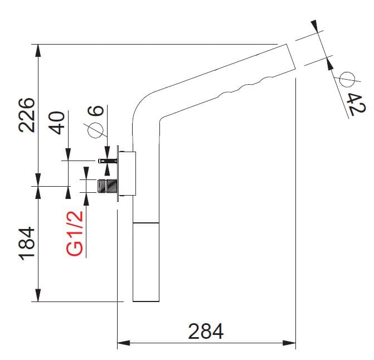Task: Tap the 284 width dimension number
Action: click(206, 332)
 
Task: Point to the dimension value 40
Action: click(58, 120)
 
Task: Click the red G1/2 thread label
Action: click(76, 232)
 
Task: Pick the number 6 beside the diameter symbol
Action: click(96, 110)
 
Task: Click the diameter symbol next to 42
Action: click(346, 79)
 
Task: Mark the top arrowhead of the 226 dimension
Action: click(38, 49)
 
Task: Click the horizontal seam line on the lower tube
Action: click(146, 222)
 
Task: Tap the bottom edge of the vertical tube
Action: click(146, 301)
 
